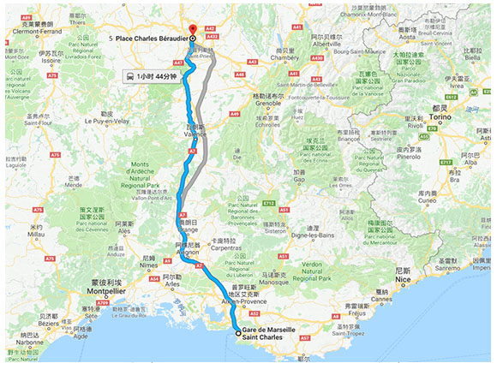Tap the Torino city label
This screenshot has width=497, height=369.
tap(440, 118)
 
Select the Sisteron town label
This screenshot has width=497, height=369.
tap(275, 230)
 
